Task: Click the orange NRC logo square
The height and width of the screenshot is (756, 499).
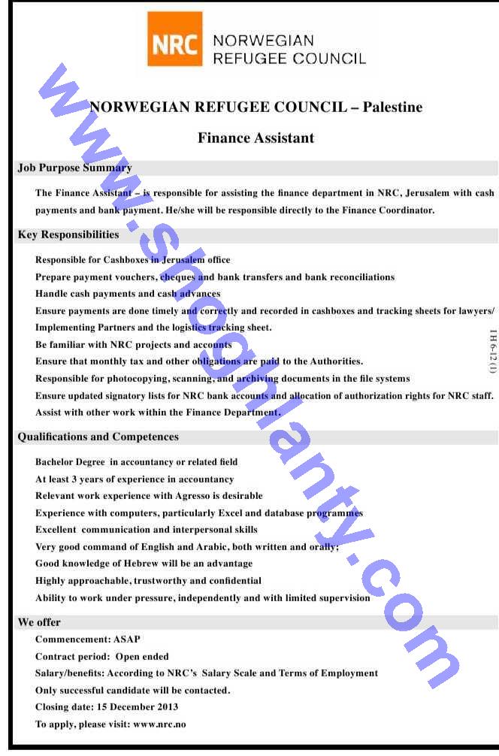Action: (x=175, y=38)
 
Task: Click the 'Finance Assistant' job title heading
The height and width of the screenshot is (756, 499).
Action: (x=256, y=138)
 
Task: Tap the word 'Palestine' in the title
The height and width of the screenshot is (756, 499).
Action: (x=392, y=107)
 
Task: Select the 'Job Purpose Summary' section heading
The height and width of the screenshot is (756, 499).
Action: (x=74, y=168)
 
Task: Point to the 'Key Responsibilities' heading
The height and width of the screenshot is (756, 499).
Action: (x=68, y=234)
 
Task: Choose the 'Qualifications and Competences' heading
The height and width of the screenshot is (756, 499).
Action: (x=98, y=437)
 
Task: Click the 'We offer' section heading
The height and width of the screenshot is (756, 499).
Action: (x=39, y=622)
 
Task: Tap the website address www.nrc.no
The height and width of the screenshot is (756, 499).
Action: (x=159, y=724)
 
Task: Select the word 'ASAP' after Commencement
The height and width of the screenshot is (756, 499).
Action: (x=127, y=640)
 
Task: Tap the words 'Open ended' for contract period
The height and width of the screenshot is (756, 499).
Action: (x=142, y=656)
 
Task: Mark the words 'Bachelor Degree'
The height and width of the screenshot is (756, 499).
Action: (x=70, y=462)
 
